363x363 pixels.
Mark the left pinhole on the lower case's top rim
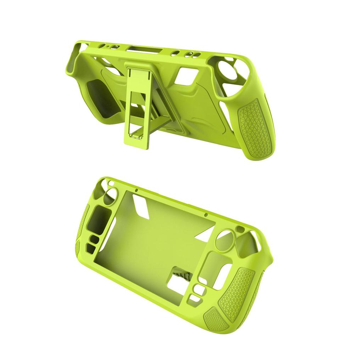[136, 191]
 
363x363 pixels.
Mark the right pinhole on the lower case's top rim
[206, 215]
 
